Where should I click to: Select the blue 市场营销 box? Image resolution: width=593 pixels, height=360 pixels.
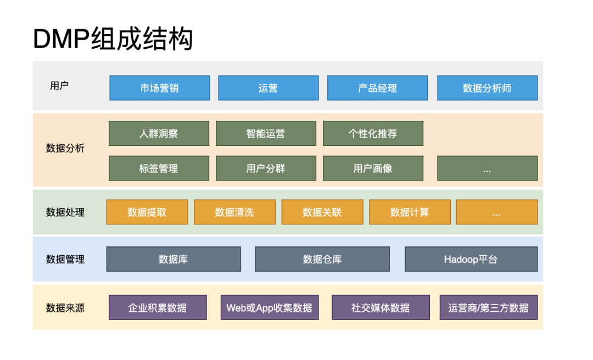(x=159, y=88)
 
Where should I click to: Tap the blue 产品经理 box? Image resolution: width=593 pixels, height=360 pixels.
(x=377, y=88)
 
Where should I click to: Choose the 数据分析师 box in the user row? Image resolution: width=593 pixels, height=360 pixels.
(x=487, y=88)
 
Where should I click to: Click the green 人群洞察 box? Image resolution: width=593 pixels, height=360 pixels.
(x=159, y=133)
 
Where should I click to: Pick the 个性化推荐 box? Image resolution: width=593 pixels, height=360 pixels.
(x=373, y=133)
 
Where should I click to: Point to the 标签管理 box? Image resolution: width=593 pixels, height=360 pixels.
(x=159, y=168)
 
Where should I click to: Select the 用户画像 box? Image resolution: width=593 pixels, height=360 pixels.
(x=373, y=168)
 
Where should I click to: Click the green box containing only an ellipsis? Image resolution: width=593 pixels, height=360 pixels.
(x=487, y=168)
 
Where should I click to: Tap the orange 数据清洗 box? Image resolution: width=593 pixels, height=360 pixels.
(x=234, y=212)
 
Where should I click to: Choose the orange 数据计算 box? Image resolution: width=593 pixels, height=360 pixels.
(x=410, y=212)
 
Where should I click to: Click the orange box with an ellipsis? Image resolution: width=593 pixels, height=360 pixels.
(x=496, y=212)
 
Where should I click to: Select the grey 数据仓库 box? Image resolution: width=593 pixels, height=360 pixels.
(x=322, y=259)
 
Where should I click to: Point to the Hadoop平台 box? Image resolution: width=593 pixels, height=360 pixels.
(x=471, y=259)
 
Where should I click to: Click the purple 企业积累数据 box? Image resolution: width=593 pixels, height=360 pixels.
(x=158, y=307)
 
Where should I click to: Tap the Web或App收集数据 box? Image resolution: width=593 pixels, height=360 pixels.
(x=269, y=307)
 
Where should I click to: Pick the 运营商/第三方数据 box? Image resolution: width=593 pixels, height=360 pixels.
(x=488, y=307)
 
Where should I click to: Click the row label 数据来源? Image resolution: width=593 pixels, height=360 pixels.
(x=65, y=307)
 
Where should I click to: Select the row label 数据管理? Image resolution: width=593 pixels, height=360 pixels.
(x=65, y=259)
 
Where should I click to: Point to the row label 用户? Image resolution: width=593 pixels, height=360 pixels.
(x=59, y=86)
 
